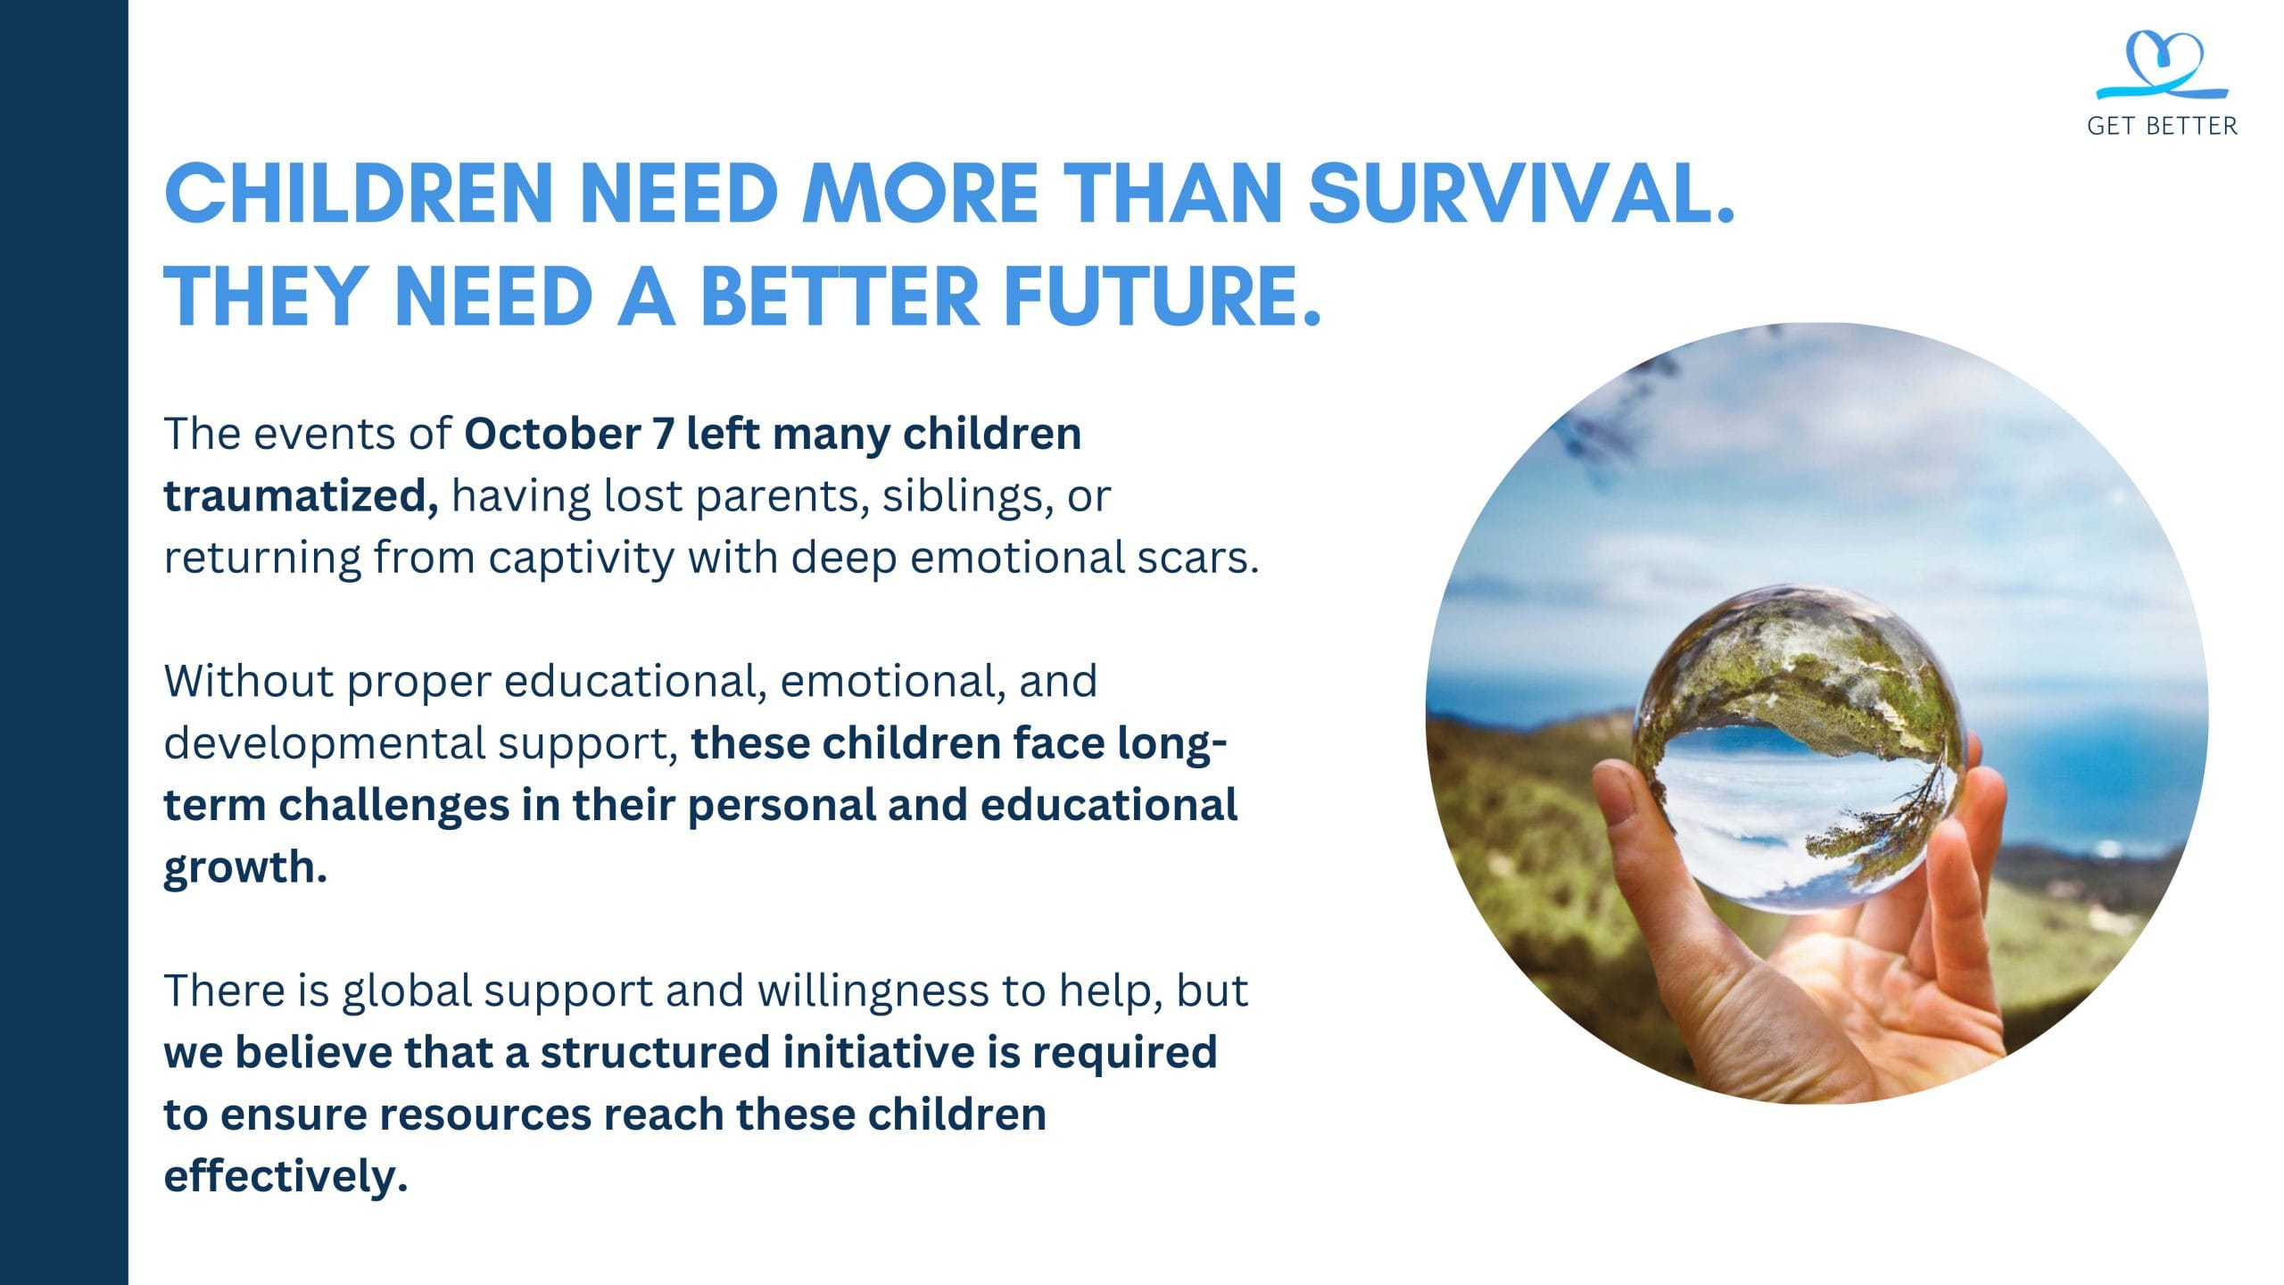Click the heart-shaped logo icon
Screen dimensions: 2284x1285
pos(2162,65)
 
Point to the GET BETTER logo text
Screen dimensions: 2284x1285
pos(2162,126)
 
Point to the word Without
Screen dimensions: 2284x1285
pos(249,681)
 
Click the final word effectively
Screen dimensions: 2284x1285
pos(285,1177)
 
